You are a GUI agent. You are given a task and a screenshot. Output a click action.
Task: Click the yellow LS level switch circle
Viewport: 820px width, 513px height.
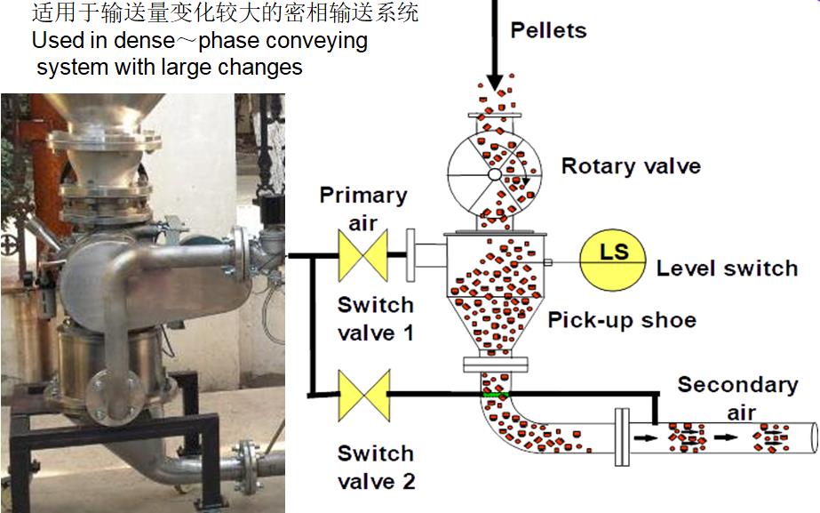[613, 255]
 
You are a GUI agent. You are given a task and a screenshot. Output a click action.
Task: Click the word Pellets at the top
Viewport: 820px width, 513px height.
[548, 31]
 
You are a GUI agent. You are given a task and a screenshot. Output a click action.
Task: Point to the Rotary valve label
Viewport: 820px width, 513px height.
[631, 166]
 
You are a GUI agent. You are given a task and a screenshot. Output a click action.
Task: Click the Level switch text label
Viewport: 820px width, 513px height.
[727, 269]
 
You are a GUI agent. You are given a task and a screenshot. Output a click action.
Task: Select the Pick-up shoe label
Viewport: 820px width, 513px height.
[621, 320]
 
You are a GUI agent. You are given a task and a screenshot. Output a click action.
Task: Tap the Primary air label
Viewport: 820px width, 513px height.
[362, 209]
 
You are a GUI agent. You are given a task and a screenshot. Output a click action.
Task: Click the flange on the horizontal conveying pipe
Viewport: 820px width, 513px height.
[621, 437]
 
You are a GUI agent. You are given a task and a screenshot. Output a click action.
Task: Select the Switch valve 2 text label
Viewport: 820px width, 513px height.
[375, 469]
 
